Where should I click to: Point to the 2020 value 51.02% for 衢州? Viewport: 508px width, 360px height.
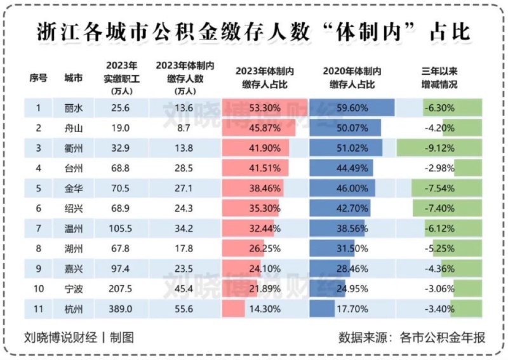[x=350, y=148]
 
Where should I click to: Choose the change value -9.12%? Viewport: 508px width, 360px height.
[x=439, y=148]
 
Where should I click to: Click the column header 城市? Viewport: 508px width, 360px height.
[x=73, y=77]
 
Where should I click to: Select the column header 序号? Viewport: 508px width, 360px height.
[x=38, y=77]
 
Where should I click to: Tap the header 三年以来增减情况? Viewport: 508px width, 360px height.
[x=439, y=77]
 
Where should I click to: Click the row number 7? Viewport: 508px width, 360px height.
[x=38, y=229]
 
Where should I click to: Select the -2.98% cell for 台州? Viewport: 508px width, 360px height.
[x=439, y=168]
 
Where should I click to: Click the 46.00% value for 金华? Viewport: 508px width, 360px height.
[x=350, y=189]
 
